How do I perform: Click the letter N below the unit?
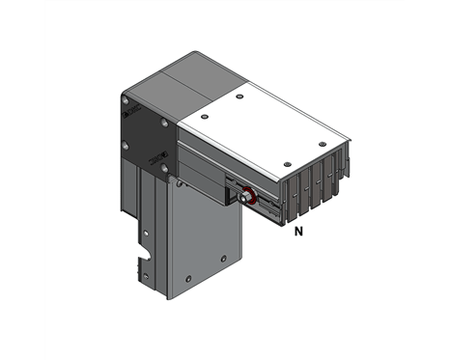[x=298, y=232]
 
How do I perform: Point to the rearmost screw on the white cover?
[x=239, y=97]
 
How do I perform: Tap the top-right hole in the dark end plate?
[x=166, y=123]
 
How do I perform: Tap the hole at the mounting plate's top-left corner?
[x=178, y=181]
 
